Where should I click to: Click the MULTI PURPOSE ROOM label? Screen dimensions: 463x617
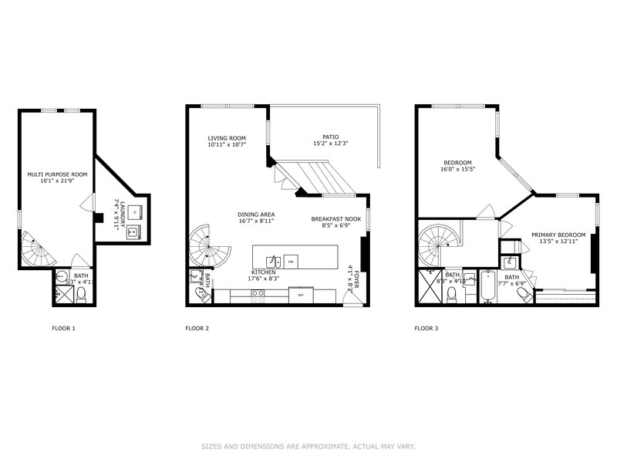click(57, 175)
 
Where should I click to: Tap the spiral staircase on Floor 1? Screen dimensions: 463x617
click(34, 248)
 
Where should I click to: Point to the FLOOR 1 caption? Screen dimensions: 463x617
click(63, 328)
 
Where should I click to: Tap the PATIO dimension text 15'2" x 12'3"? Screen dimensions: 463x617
click(331, 144)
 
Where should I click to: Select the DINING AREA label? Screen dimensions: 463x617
click(257, 215)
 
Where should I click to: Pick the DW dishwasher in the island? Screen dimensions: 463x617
click(291, 260)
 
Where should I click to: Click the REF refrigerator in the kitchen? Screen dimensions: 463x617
click(300, 294)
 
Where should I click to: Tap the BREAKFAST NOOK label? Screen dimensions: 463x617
click(336, 219)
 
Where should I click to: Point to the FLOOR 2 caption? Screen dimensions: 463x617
click(197, 328)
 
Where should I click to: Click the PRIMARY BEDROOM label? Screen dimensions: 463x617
click(558, 235)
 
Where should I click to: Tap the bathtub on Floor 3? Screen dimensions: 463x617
click(487, 287)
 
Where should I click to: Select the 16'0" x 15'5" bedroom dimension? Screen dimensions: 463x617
click(456, 169)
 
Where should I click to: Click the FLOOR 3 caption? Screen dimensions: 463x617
click(426, 328)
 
